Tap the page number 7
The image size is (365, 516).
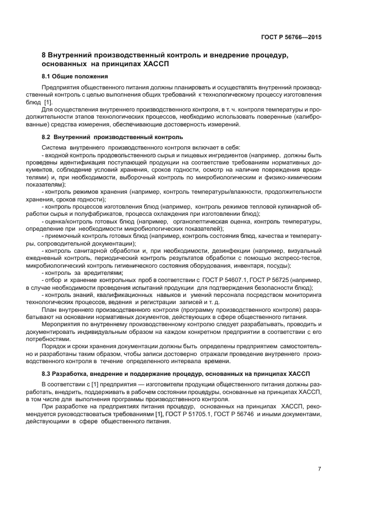coord(320,469)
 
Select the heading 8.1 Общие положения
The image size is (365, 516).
coord(75,76)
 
